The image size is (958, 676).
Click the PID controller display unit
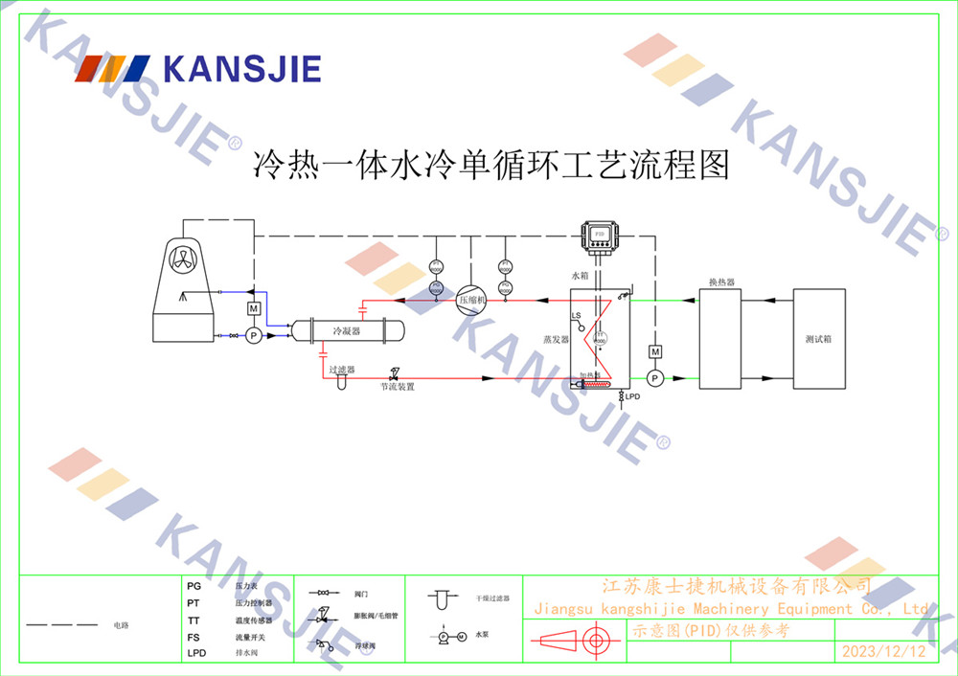click(600, 233)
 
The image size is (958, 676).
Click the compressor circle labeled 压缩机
click(471, 300)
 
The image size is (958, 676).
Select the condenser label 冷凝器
click(346, 331)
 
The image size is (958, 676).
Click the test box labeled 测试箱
click(818, 339)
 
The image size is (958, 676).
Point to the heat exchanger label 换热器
click(720, 282)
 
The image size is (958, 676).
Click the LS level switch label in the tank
click(576, 315)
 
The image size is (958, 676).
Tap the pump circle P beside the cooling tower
click(254, 335)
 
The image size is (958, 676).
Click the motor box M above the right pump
click(655, 352)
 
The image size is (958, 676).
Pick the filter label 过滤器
click(342, 369)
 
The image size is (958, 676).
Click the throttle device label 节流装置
click(398, 387)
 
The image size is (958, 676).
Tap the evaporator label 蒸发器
click(556, 339)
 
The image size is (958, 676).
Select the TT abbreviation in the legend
click(194, 621)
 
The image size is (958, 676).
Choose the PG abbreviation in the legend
click(194, 585)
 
